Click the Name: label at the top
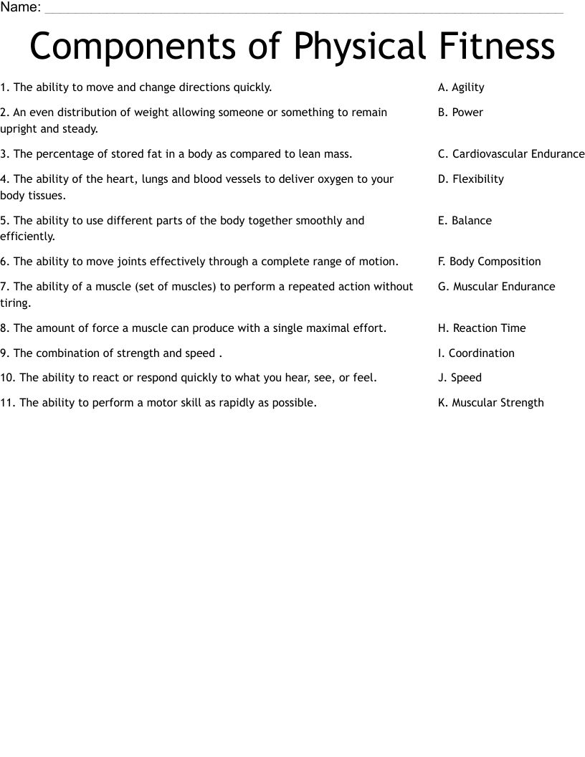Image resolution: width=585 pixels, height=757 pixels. click(x=21, y=7)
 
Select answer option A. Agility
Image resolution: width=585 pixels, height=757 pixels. click(x=461, y=87)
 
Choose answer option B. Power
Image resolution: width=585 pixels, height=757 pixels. click(x=460, y=113)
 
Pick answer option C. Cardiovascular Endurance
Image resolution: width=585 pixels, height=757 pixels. click(x=511, y=154)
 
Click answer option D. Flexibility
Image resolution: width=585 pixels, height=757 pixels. click(x=470, y=179)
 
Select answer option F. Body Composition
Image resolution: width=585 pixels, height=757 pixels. click(x=489, y=262)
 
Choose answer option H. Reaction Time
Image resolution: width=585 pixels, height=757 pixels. click(x=482, y=328)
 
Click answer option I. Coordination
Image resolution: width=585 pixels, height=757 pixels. click(x=476, y=353)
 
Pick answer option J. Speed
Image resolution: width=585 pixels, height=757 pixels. click(x=460, y=378)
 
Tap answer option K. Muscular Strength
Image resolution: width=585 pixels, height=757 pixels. click(x=490, y=403)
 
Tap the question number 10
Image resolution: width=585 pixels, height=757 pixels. click(x=7, y=378)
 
